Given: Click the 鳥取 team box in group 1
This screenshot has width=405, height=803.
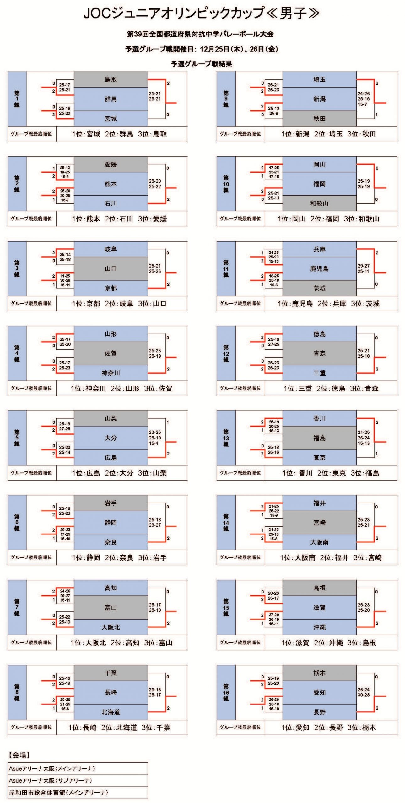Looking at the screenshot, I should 111,79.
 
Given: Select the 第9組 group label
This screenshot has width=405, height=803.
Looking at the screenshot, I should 226,99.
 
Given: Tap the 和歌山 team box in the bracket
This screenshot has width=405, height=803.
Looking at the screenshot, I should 319,203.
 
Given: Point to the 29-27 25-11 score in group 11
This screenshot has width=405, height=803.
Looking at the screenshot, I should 364,269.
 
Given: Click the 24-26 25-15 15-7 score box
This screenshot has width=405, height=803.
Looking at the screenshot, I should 364,99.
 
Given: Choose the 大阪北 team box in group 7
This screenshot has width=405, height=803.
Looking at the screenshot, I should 111,627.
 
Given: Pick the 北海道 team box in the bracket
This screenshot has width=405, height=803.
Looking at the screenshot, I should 111,712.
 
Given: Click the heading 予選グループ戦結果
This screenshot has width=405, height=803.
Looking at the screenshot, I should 202,64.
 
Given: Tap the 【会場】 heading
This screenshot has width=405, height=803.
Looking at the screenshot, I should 19,755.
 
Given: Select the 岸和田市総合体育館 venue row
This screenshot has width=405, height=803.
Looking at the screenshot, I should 78,793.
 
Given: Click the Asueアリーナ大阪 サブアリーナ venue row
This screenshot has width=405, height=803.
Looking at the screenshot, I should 78,780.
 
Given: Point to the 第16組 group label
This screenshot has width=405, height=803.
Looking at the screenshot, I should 226,692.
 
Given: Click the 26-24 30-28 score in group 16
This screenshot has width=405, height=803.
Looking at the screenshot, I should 364,692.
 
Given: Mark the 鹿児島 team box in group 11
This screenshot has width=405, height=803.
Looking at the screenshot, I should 319,269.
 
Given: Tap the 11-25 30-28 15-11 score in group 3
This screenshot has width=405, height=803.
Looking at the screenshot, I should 65,280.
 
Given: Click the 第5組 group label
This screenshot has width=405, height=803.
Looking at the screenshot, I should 17,438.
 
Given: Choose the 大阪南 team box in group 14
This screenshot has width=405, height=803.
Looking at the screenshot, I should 319,542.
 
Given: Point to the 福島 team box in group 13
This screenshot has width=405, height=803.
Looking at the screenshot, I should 319,438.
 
